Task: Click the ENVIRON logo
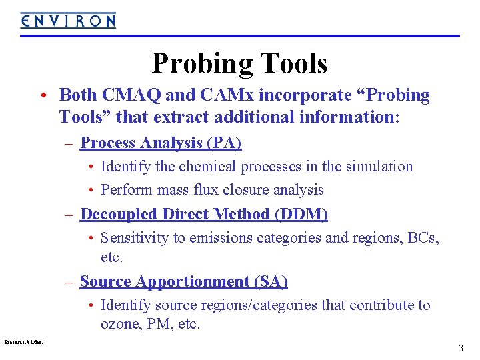67,21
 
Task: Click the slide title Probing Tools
239,64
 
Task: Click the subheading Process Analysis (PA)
161,143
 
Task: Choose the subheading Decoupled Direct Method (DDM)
204,214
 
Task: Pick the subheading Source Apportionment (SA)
183,281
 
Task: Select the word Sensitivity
134,238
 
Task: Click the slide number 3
461,349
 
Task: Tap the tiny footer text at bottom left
23,341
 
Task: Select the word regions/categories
255,305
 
